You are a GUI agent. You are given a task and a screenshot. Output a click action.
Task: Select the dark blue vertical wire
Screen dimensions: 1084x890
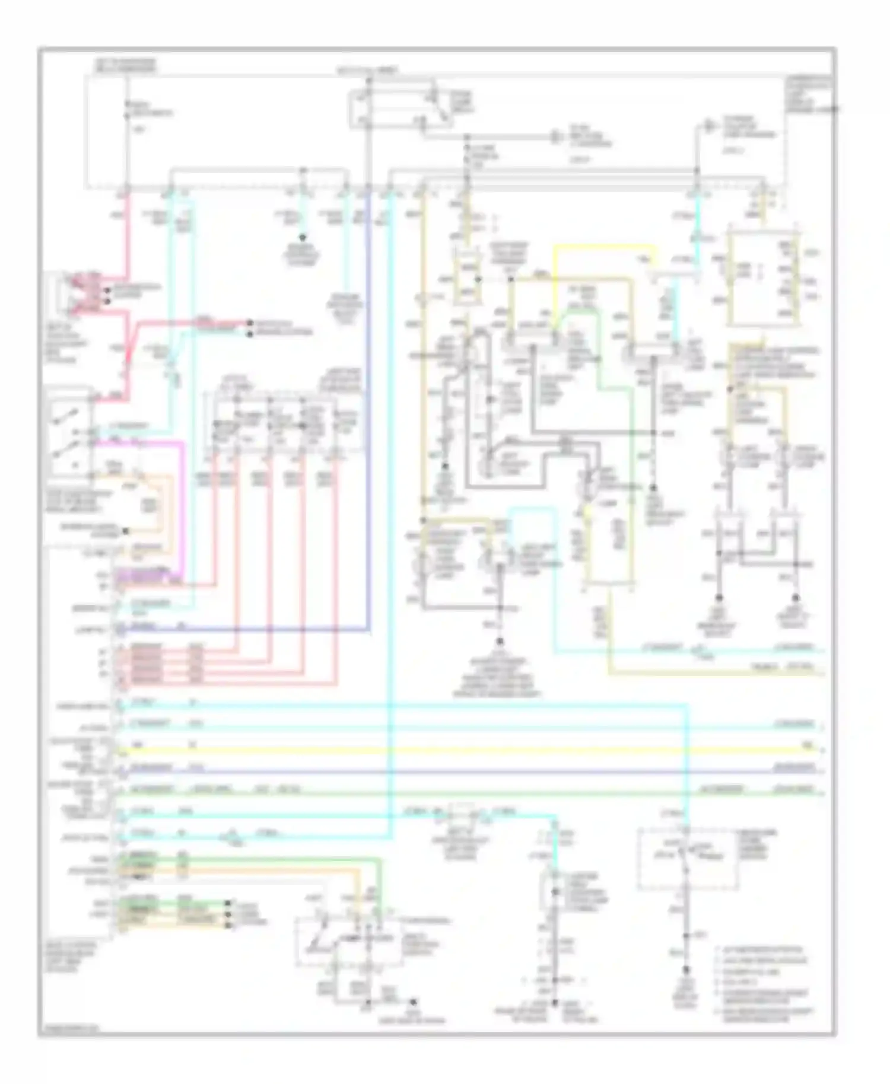[x=368, y=415]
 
